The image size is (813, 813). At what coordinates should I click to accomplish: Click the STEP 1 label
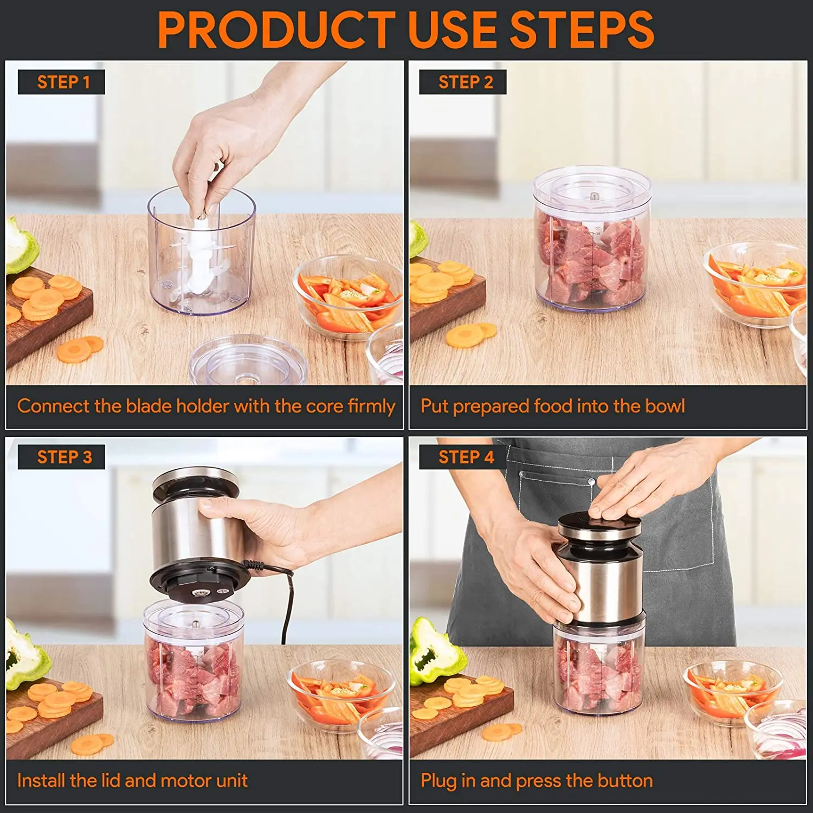tap(62, 82)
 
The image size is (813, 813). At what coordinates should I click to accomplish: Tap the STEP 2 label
tap(463, 82)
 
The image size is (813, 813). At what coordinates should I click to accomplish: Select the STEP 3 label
tap(62, 457)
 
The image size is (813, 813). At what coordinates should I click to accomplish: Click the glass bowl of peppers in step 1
tap(347, 298)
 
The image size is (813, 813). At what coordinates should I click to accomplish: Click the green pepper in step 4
tap(434, 650)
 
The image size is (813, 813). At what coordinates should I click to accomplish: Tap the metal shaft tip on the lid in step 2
tap(592, 196)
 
